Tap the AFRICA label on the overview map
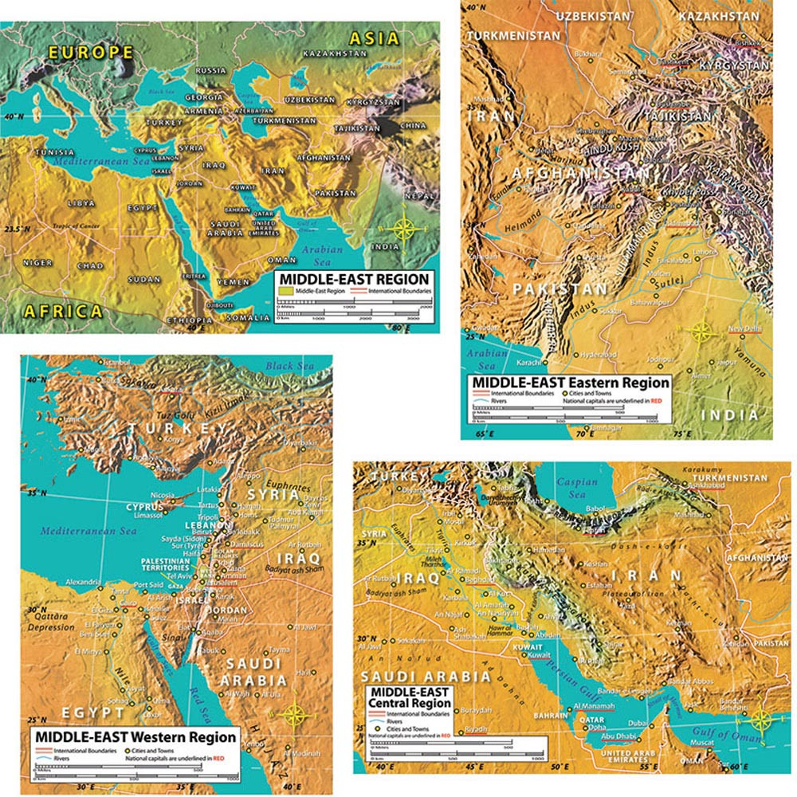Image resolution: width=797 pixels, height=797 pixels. [63, 311]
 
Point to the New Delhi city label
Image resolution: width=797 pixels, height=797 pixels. [743, 329]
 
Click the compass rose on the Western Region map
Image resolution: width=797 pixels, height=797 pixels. [293, 715]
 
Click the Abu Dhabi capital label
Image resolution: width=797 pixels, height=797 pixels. [617, 736]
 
